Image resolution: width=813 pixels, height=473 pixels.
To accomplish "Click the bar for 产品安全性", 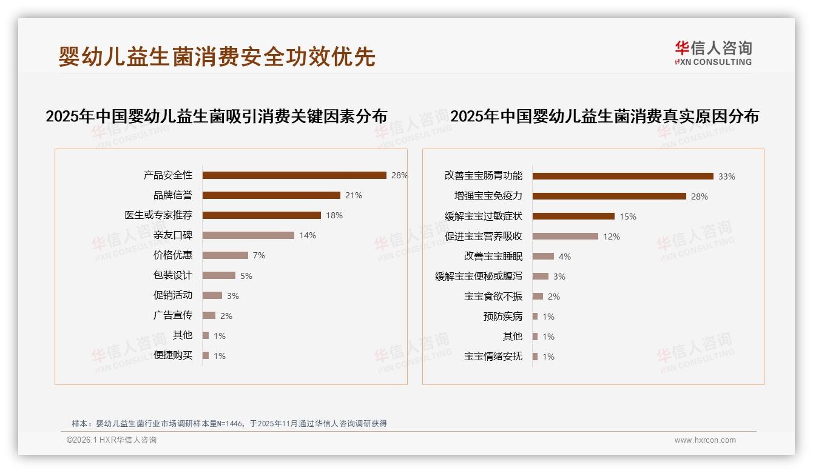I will coord(294,175).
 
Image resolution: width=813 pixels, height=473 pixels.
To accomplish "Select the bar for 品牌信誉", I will coord(271,195).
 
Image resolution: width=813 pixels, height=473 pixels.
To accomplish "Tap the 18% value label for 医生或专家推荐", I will coord(334,215).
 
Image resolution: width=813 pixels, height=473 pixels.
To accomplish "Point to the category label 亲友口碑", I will coord(172,235).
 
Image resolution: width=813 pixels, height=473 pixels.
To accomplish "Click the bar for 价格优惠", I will coord(225,255).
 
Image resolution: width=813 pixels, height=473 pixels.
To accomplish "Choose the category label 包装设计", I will coord(172,275).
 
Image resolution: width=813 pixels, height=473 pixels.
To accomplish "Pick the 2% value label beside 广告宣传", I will coord(226,316).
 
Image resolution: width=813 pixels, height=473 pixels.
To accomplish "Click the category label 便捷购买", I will coord(172,355).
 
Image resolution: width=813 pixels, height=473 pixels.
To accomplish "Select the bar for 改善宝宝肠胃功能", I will coord(623,176).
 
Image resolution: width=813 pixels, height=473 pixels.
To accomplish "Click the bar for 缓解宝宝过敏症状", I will coord(573,216).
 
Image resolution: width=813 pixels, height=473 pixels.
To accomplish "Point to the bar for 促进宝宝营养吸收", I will coord(565,236).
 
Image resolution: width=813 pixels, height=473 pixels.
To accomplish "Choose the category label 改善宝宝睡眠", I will coord(493,257).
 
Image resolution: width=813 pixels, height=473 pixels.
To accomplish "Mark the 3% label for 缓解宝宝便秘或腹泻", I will coord(559,277).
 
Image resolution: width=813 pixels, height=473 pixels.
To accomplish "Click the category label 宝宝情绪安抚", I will coord(493,357).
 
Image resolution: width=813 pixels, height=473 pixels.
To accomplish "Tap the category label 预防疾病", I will coord(502,317).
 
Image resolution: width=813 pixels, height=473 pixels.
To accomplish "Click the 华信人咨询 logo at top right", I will coord(713,53).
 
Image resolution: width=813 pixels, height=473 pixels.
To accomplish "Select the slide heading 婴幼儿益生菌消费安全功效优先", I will coord(217,57).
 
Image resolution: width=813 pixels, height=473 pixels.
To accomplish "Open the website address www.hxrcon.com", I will coord(705,440).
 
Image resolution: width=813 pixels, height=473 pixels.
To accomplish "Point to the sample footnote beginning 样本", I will coord(229,424).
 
